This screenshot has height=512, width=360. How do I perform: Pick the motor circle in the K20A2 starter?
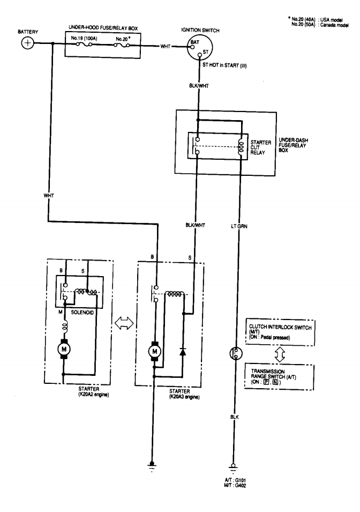64,350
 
